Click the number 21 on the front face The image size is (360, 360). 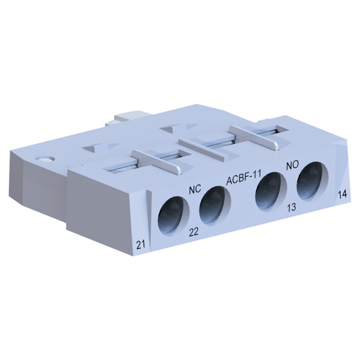coord(140,244)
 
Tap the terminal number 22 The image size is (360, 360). coord(194,232)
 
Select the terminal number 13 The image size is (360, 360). coord(291,208)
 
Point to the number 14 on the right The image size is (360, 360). coord(342,195)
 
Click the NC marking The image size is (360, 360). coord(194,189)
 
